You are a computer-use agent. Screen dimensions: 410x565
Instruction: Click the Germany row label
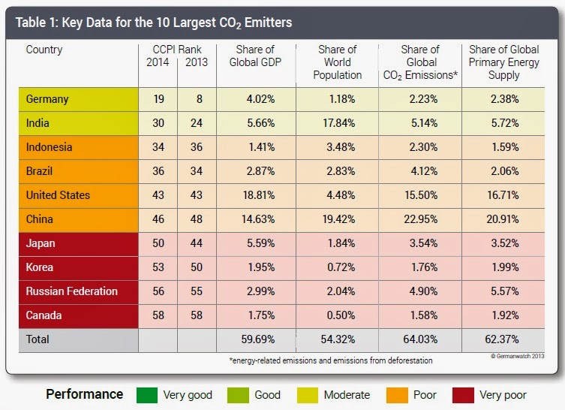[x=47, y=99]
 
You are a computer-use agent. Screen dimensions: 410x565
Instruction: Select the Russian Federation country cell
[x=71, y=291]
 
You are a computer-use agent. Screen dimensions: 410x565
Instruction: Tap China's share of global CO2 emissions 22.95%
[x=419, y=219]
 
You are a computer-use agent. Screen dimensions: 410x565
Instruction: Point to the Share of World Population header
[x=337, y=62]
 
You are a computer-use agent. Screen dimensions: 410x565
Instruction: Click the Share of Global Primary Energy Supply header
[x=503, y=62]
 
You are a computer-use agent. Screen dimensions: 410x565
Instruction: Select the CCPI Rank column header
[x=177, y=50]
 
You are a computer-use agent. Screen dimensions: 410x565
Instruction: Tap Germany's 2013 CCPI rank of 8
[x=196, y=99]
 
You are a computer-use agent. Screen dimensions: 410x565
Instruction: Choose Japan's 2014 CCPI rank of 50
[x=158, y=243]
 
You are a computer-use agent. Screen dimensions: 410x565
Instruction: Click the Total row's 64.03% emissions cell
[x=419, y=339]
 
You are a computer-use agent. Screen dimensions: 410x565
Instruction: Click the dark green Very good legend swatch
[x=147, y=394]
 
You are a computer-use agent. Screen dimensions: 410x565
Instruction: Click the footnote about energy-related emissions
[x=330, y=361]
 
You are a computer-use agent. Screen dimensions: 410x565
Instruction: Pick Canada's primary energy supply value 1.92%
[x=503, y=315]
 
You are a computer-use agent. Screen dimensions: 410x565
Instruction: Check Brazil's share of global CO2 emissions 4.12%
[x=419, y=171]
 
